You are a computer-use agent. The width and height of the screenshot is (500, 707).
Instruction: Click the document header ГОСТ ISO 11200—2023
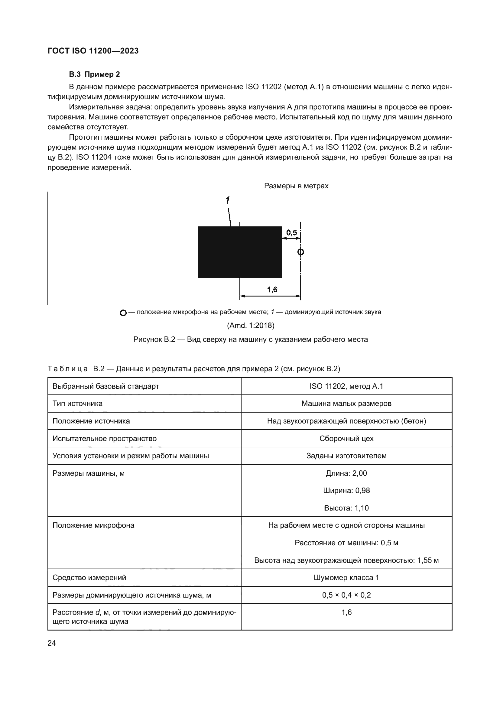[93, 51]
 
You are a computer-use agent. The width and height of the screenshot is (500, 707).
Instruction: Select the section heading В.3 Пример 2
[94, 74]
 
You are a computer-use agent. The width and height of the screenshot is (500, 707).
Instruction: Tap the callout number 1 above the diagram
[227, 200]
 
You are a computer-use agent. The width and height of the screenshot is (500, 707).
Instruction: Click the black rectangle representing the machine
[239, 252]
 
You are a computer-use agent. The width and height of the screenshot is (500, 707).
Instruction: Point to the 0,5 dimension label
[291, 232]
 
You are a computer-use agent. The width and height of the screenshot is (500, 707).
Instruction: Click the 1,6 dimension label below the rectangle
[272, 290]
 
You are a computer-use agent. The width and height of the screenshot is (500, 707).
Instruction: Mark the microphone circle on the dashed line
[300, 252]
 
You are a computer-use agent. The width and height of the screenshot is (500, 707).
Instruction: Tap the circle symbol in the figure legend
[123, 313]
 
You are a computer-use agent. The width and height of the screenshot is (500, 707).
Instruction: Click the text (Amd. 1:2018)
[250, 325]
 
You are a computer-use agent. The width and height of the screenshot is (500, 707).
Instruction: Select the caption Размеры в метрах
[296, 186]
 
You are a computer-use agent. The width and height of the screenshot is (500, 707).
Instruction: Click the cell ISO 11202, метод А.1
[346, 386]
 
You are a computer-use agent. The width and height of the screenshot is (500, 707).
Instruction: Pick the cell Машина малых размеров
[346, 404]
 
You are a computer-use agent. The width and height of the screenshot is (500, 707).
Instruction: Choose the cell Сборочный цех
[346, 439]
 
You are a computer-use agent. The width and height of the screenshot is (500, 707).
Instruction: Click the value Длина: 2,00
[346, 473]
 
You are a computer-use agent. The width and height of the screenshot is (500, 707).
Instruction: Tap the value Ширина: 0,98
[346, 491]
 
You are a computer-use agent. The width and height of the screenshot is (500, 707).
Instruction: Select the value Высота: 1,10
[346, 508]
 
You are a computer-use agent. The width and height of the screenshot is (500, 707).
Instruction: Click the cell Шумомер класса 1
[346, 578]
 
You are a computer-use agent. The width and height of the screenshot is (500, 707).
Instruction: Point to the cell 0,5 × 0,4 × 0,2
[346, 595]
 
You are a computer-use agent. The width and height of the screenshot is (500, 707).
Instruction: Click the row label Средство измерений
[89, 578]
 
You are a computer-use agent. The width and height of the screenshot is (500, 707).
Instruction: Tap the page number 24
[52, 643]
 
